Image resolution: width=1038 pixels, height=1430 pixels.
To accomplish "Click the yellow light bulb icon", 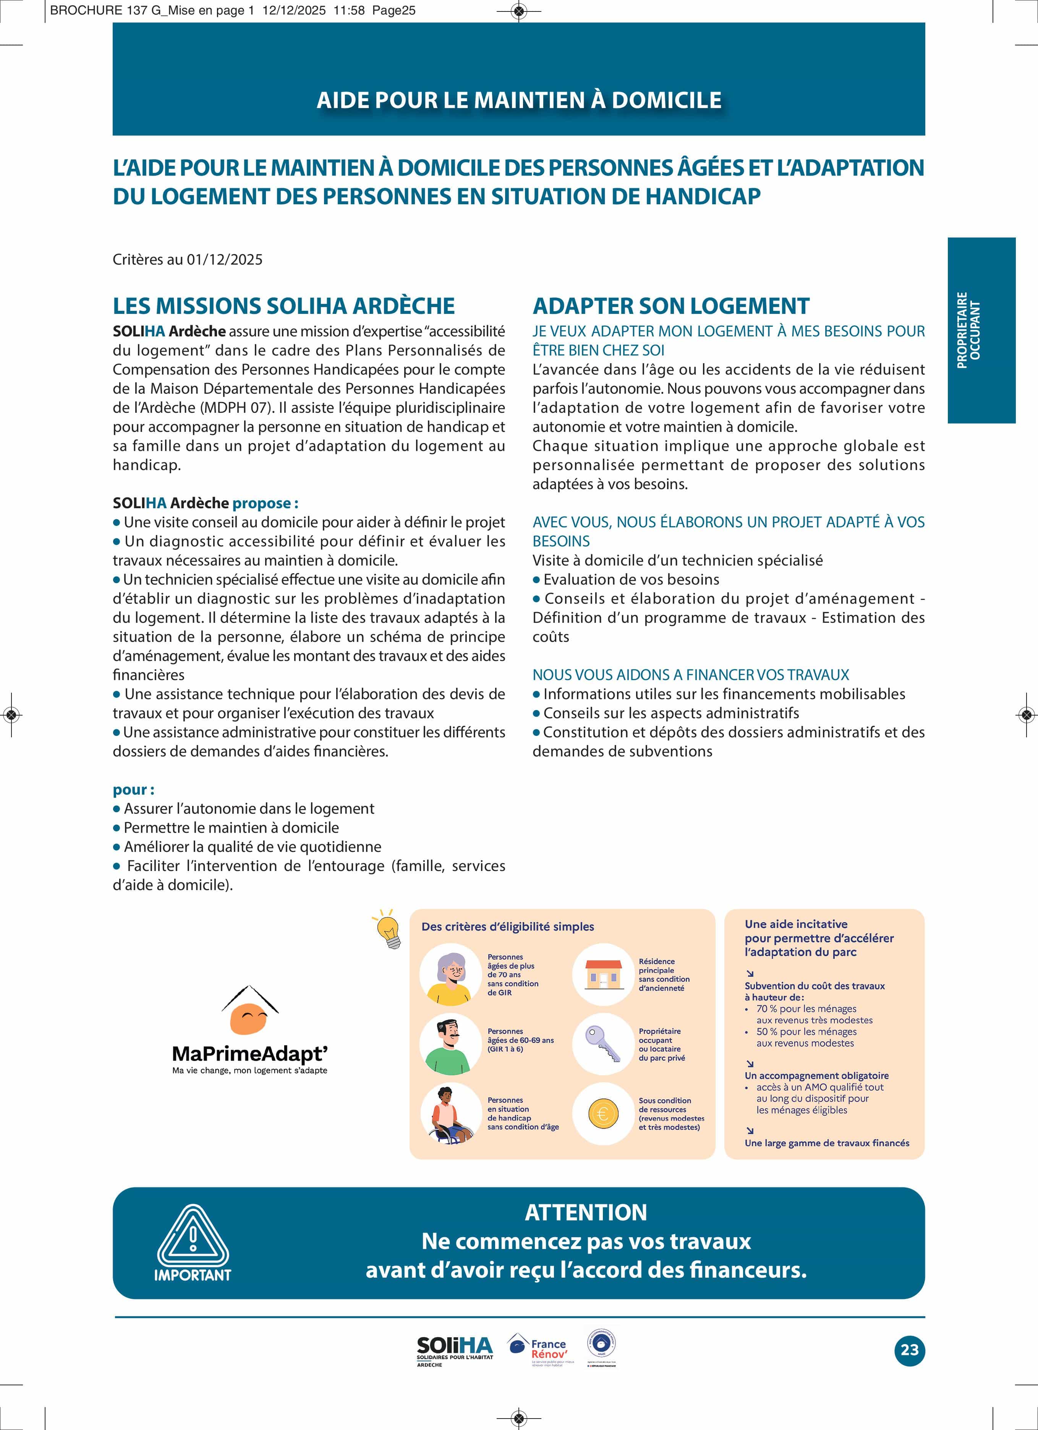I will pos(387,929).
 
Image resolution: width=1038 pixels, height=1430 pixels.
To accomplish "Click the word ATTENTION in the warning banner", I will pos(586,1212).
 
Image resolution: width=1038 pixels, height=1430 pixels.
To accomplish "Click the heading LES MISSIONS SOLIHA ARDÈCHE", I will pos(283,306).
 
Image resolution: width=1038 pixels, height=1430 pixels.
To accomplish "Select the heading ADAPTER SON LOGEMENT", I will pos(671,306).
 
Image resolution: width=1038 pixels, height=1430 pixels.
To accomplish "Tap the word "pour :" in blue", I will pos(134,789).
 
